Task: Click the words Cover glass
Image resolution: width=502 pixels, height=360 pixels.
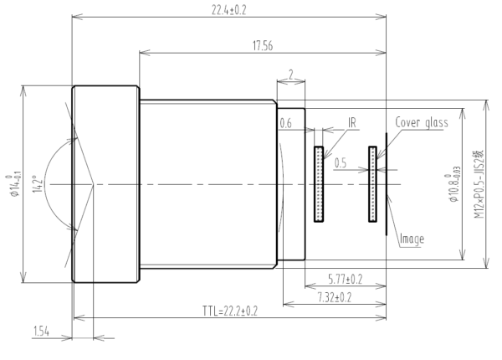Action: (423, 122)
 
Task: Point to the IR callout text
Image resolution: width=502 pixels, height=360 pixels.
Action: (353, 122)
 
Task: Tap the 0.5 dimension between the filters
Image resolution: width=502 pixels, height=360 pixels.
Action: (341, 164)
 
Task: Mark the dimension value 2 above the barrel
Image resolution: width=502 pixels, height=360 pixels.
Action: (289, 75)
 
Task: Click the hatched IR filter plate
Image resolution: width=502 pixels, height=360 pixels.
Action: (319, 184)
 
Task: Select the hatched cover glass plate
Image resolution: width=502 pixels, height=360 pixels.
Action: (372, 184)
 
